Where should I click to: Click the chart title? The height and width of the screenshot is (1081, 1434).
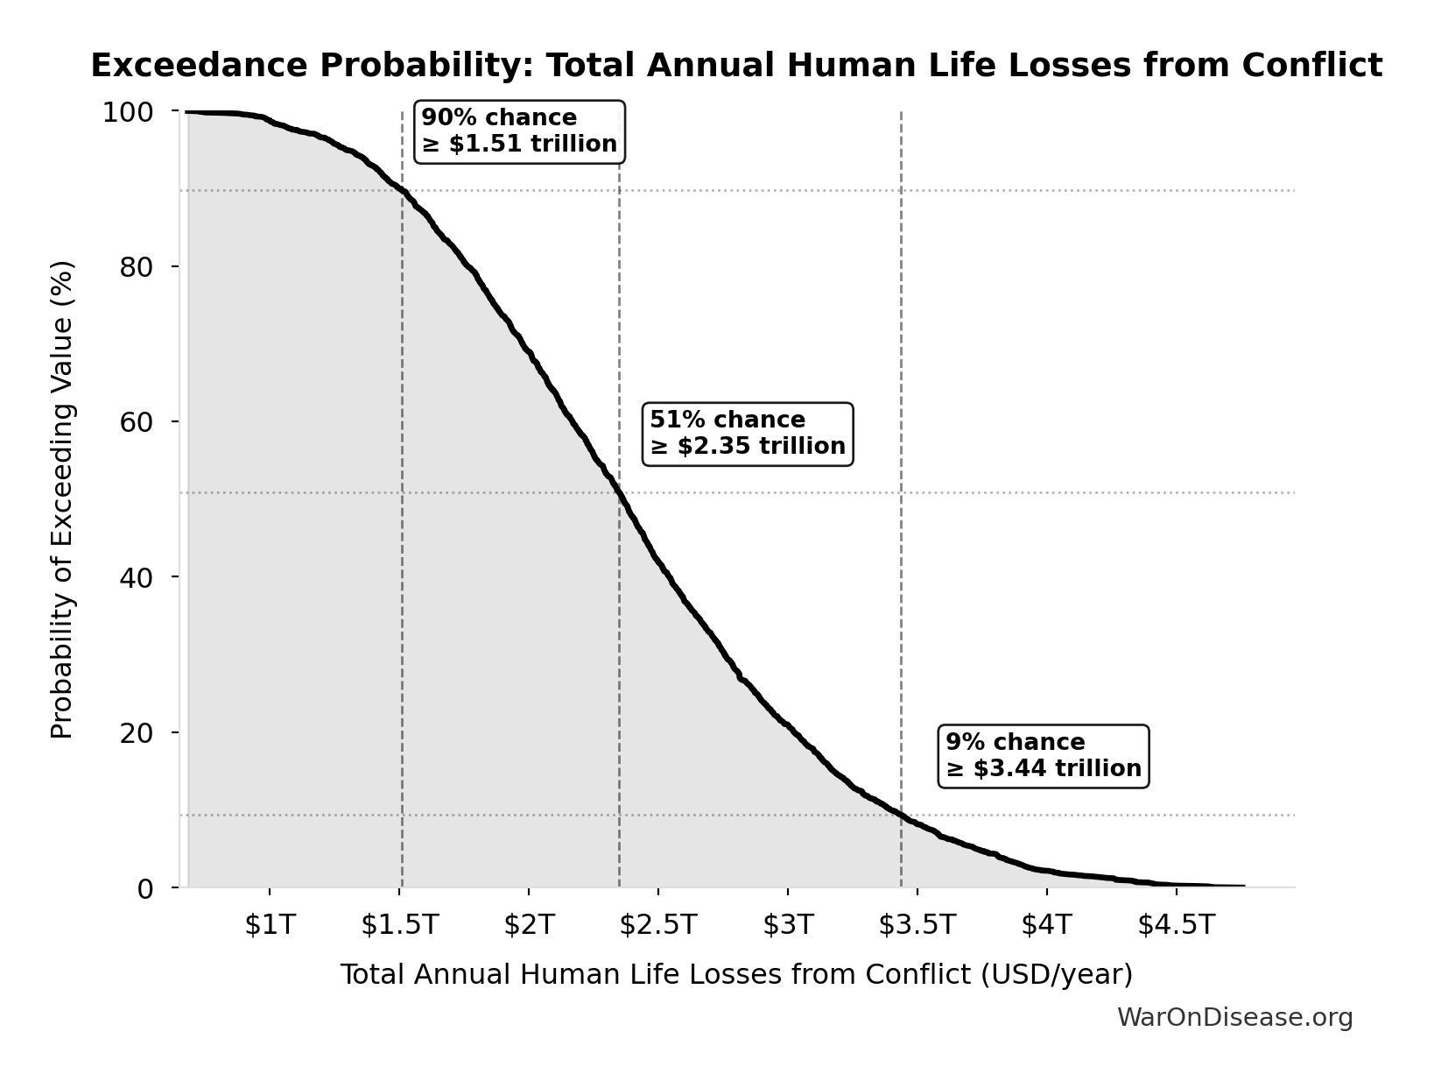(736, 67)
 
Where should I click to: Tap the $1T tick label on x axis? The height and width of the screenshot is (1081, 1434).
(270, 924)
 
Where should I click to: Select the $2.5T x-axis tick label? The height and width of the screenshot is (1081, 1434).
(657, 924)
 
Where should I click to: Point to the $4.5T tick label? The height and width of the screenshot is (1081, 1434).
(1176, 924)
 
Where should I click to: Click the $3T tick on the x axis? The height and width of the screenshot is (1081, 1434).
(788, 924)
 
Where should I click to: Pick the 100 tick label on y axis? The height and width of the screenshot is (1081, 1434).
(128, 112)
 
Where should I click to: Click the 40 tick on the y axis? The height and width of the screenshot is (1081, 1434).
(137, 577)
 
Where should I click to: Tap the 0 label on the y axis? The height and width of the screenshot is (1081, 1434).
(145, 888)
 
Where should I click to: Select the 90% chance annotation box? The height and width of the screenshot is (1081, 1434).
(519, 131)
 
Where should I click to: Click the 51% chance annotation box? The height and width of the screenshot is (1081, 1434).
(748, 434)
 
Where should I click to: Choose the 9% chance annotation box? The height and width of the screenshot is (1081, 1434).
(1043, 756)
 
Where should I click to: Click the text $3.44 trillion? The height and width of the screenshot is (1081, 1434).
(1057, 769)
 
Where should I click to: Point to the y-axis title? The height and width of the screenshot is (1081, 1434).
(62, 499)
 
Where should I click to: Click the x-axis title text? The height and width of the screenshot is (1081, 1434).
(736, 974)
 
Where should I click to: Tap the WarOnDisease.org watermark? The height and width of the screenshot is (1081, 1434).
(1234, 1018)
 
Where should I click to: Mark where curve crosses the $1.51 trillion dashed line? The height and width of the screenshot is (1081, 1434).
(402, 191)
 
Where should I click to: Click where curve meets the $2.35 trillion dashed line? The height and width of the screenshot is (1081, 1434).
(620, 493)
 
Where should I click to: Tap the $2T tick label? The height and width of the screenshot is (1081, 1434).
(529, 924)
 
